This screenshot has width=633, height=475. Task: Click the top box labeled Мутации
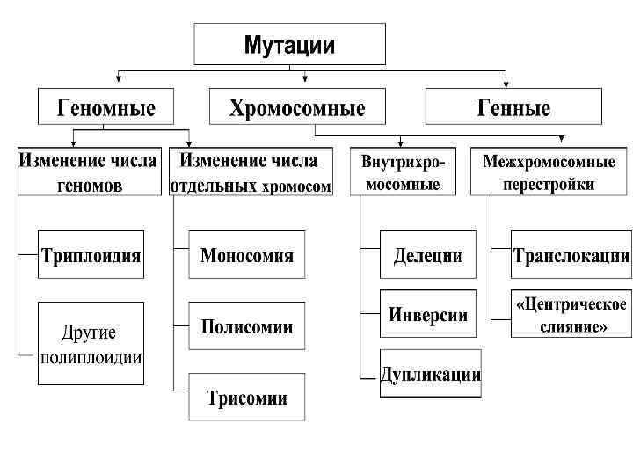point(289,44)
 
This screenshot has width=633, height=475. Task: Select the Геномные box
point(105,107)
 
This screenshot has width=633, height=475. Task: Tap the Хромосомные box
point(297,107)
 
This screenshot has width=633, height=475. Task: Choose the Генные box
point(513,107)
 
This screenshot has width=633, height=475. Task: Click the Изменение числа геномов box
point(89,172)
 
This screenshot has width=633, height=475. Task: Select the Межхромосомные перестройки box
point(549,172)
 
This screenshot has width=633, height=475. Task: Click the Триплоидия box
point(91,256)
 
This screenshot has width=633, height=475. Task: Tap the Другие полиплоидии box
point(91,343)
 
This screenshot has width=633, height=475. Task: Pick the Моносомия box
point(247,256)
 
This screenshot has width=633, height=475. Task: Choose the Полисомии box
point(247,327)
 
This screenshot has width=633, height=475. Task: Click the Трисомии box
point(247,398)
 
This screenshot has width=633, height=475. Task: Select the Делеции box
point(427,256)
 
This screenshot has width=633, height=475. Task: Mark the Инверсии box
point(427,315)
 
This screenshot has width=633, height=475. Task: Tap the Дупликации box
point(430,374)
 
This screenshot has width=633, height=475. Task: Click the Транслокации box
point(571,256)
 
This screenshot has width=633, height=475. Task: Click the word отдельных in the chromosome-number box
point(215,186)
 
